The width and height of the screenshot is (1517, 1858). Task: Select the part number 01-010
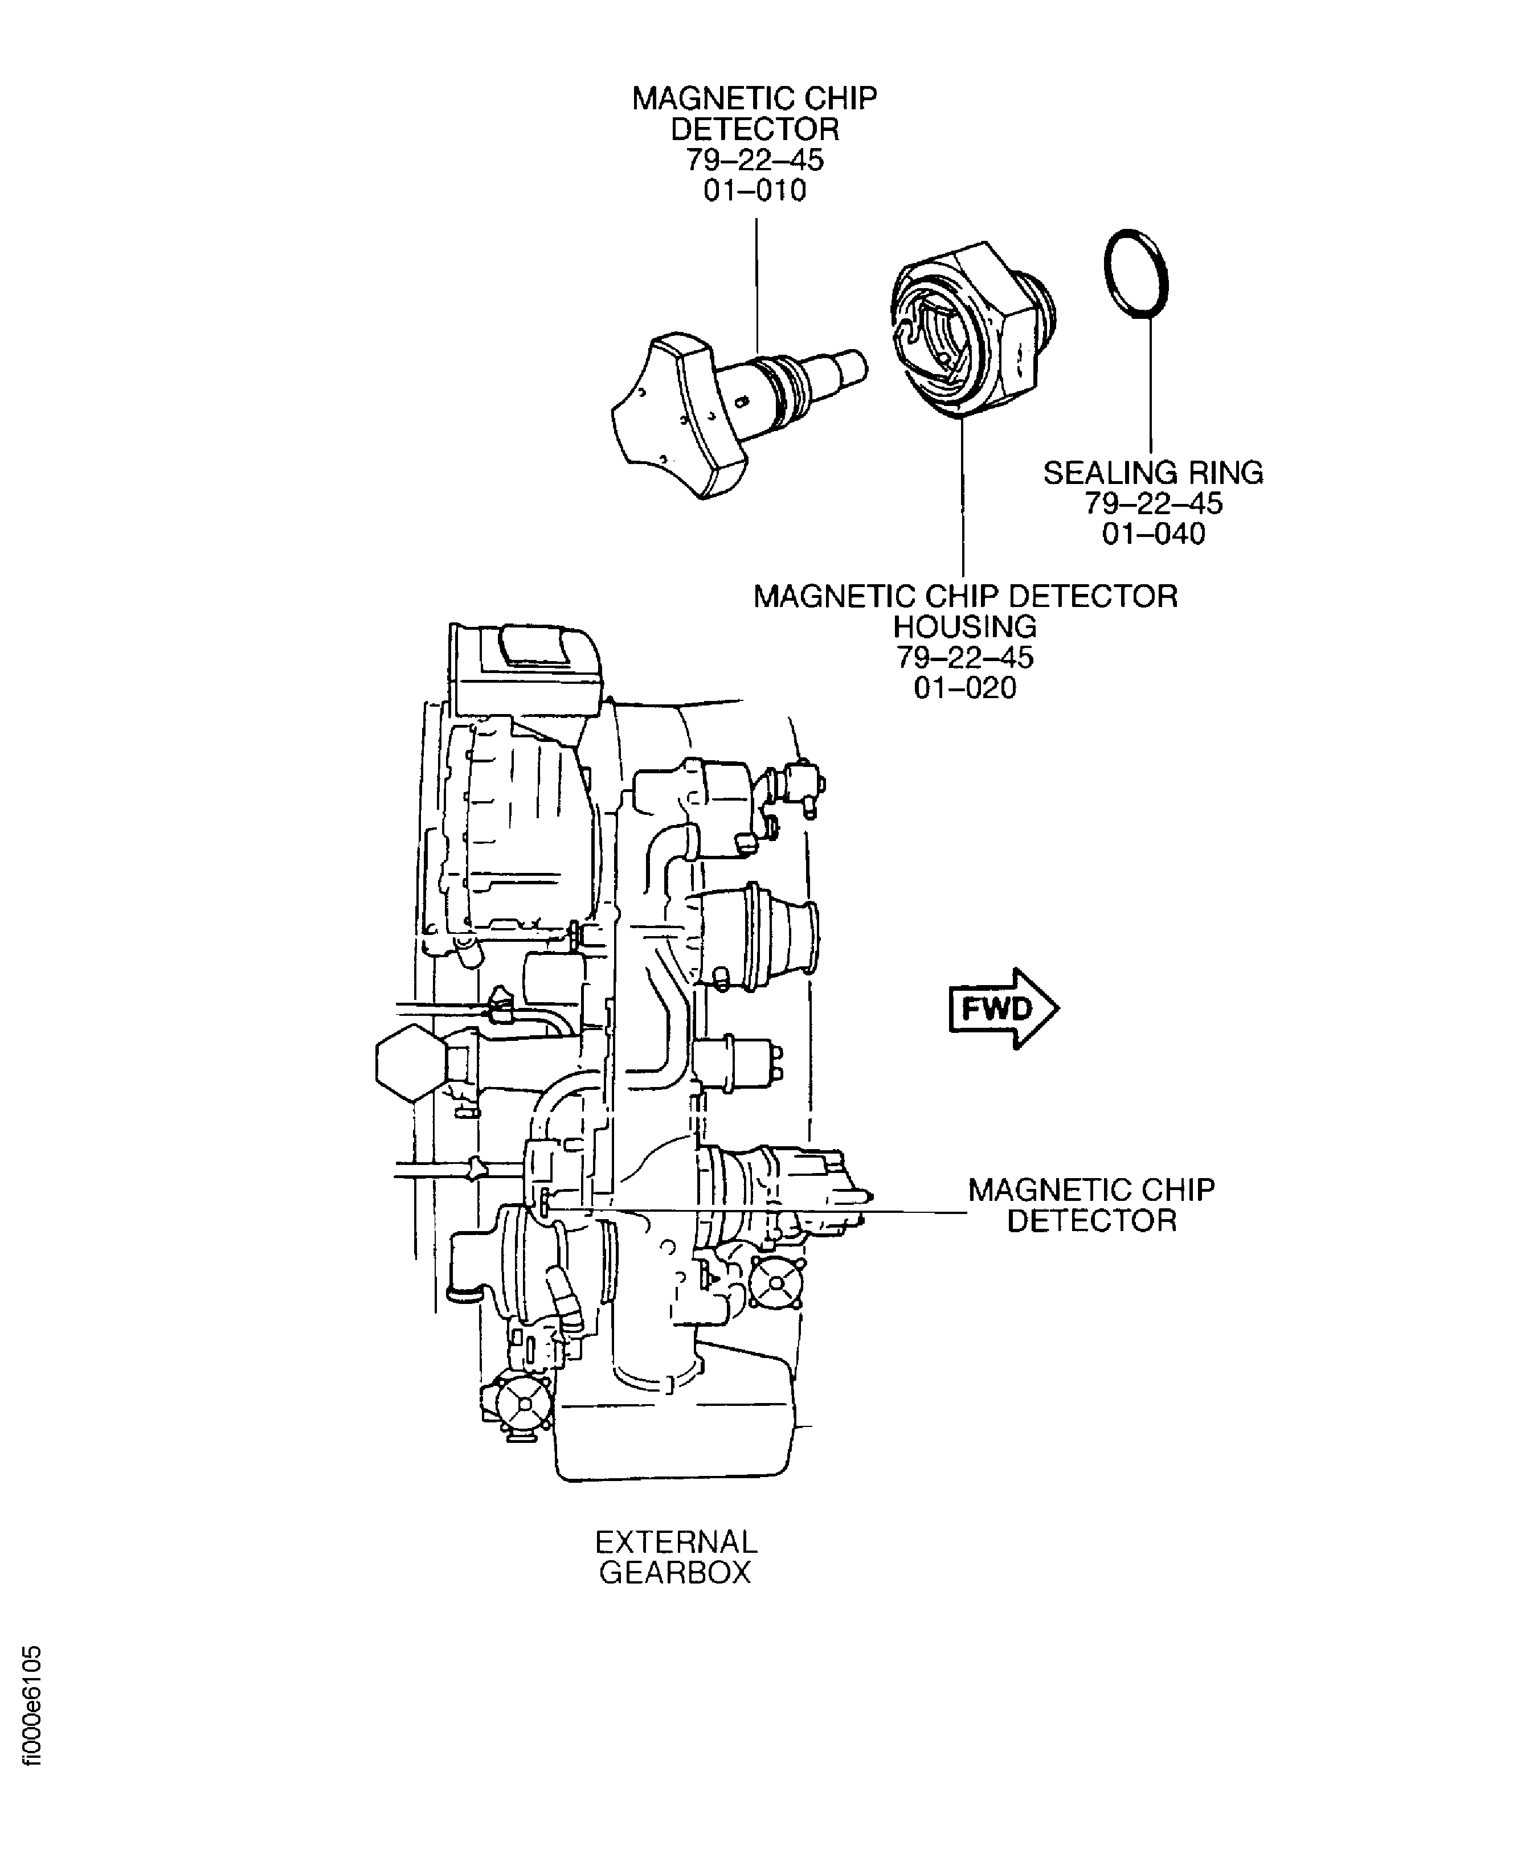tap(755, 190)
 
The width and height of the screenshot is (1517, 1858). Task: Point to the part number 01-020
tap(965, 688)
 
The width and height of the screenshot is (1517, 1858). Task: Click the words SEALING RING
tap(1152, 473)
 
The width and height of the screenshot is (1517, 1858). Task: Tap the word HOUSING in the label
tap(965, 626)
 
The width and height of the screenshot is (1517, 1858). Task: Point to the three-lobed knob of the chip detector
tap(673, 415)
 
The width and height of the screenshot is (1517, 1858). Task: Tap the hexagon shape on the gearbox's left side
tap(409, 1062)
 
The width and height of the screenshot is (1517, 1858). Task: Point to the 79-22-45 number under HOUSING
tap(965, 657)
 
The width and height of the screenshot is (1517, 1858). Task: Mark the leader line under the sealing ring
tap(1151, 384)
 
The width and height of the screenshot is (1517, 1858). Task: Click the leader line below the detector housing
tap(963, 498)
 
